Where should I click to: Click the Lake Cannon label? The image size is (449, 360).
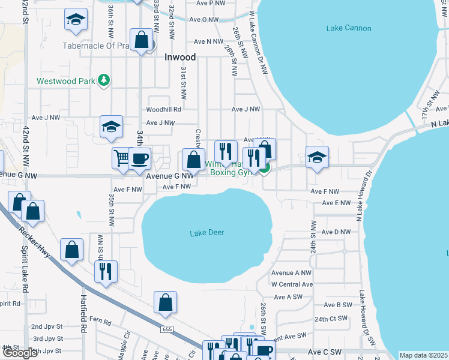(349, 28)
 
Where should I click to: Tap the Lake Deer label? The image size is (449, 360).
(206, 233)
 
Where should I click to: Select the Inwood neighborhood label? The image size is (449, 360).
(180, 58)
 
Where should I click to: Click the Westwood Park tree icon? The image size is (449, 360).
(104, 80)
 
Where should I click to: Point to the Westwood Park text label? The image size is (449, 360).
(66, 81)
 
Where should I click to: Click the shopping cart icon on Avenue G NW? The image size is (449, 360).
(122, 158)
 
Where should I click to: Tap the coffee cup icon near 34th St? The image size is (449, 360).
(140, 158)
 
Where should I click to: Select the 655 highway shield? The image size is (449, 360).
(167, 329)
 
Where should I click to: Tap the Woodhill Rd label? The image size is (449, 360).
(164, 110)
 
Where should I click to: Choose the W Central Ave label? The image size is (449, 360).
(292, 284)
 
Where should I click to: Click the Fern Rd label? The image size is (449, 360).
(103, 322)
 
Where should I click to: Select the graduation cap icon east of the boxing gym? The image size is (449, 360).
(317, 157)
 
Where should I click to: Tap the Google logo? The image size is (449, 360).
(20, 353)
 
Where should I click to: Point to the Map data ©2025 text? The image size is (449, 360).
(423, 355)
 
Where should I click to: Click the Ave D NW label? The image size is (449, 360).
(336, 232)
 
